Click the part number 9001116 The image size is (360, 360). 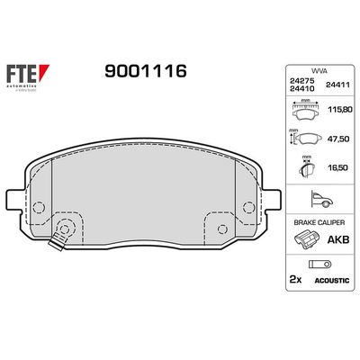click(147, 71)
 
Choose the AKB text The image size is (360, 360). click(339, 240)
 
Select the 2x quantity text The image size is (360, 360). click(293, 280)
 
